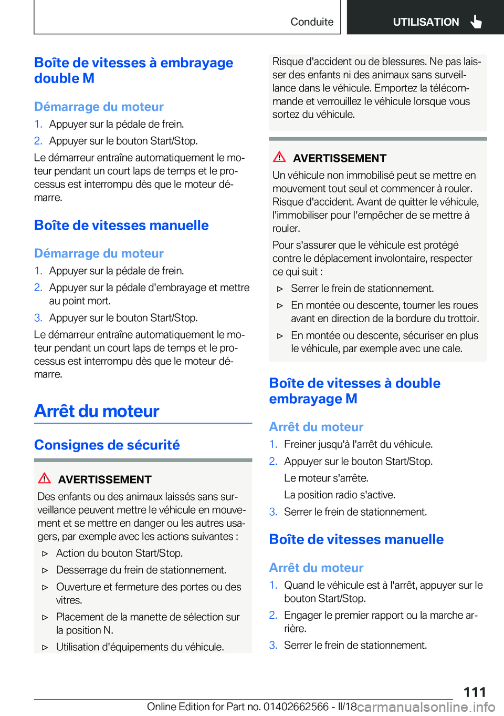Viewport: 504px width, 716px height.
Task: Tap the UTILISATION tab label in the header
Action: [426, 22]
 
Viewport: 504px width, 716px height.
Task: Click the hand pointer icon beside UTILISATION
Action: [476, 22]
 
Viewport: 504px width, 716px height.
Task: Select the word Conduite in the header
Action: [312, 22]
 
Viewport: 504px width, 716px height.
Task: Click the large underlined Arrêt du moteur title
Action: [97, 411]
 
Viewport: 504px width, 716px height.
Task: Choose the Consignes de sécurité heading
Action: [107, 445]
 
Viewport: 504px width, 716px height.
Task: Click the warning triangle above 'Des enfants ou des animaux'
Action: [45, 478]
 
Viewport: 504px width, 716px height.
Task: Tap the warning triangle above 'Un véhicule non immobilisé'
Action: [279, 157]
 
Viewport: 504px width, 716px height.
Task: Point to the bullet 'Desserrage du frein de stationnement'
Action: [141, 570]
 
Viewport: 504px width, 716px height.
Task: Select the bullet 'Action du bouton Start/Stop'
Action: [119, 553]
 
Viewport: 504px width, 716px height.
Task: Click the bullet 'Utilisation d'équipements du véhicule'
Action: [140, 647]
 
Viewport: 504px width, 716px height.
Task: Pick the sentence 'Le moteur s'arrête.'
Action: [326, 478]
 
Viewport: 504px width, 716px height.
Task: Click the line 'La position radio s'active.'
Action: [340, 495]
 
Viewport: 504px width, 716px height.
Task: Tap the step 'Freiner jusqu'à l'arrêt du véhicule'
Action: [358, 444]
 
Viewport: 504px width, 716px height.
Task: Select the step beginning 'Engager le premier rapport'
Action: [380, 621]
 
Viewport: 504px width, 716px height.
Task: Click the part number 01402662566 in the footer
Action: [296, 707]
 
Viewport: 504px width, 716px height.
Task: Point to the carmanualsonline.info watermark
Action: [426, 707]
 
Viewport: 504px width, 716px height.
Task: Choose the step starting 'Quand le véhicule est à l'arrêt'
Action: [383, 591]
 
